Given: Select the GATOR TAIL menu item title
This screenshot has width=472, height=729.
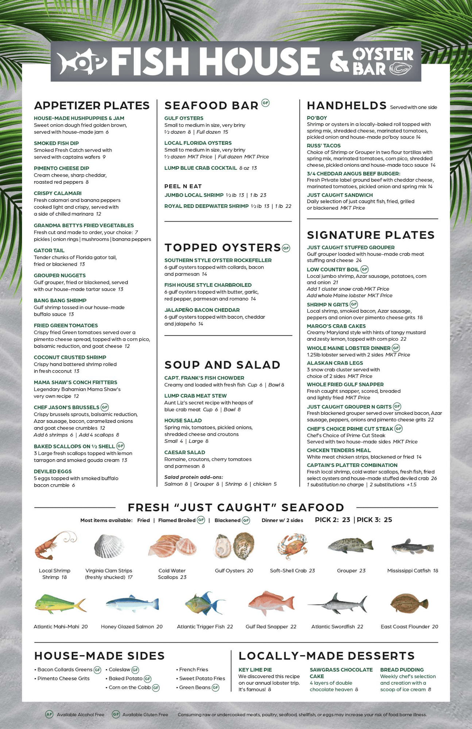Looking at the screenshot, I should tap(49, 250).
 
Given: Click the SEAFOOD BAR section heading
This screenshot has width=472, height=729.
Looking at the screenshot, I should tap(212, 106).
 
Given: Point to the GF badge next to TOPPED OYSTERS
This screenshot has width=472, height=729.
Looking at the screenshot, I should tap(286, 248).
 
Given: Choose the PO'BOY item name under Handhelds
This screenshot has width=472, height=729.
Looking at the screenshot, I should tap(317, 118).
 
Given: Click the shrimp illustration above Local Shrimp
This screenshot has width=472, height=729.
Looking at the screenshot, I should tap(55, 545).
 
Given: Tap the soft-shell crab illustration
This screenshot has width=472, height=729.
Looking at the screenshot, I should tap(292, 546).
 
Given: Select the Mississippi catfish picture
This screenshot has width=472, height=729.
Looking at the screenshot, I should tap(413, 547).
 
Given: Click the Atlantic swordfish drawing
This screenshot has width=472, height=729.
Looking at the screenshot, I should tap(337, 603).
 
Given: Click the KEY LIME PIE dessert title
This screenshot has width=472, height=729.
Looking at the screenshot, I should tap(255, 670).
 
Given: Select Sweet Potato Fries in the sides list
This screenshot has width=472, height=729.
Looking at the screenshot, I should tap(202, 678).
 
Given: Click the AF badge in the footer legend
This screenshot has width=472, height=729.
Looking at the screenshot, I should tap(49, 714).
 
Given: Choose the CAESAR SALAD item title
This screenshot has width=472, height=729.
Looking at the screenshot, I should tap(185, 452).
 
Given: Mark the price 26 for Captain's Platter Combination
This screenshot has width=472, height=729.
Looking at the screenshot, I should tap(434, 478).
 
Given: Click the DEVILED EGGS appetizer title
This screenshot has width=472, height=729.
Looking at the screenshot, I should tap(53, 471).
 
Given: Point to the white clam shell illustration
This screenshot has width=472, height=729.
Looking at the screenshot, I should tap(109, 546).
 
